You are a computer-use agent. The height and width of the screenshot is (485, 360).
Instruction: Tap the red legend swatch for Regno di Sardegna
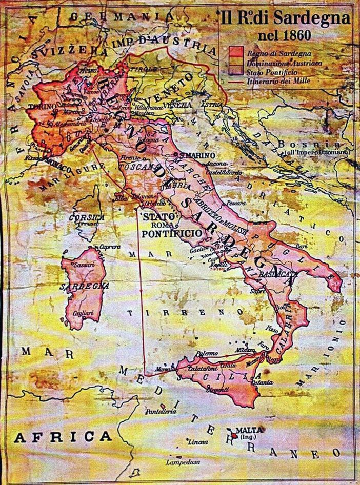pos(236,52)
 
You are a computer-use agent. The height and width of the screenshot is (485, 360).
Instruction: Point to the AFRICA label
pos(63,437)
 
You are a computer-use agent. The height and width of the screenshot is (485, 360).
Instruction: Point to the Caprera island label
pos(110,246)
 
